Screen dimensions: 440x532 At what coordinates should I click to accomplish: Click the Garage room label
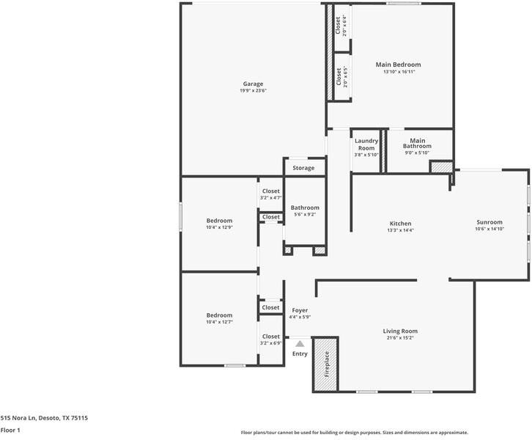[253, 84]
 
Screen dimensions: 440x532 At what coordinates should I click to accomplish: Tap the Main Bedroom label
[398, 65]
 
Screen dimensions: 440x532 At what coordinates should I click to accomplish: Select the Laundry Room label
[366, 144]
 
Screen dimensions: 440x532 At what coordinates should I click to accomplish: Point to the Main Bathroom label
[418, 143]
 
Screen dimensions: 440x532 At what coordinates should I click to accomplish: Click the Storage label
[303, 168]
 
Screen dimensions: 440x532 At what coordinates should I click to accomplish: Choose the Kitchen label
[400, 224]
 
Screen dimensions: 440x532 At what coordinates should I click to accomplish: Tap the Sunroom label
[489, 222]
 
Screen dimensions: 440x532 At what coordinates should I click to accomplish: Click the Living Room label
[400, 331]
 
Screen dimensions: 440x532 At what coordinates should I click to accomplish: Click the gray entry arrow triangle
[299, 342]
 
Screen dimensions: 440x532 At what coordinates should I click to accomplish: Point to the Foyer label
[300, 310]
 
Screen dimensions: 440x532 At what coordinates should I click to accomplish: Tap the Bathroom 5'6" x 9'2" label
[304, 208]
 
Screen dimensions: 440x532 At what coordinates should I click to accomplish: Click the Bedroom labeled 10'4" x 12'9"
[219, 221]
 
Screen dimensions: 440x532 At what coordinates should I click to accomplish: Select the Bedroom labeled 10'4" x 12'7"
[219, 315]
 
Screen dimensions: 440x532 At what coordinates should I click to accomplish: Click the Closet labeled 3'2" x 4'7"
[270, 191]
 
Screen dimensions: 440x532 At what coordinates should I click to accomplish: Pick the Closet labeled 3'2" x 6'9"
[270, 337]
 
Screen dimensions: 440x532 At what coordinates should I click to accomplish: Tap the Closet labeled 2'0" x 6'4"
[339, 26]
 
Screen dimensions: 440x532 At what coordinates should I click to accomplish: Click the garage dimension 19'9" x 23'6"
[253, 91]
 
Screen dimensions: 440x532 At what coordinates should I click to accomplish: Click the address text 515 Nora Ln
[44, 417]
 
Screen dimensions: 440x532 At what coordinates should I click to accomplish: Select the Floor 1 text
[10, 430]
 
